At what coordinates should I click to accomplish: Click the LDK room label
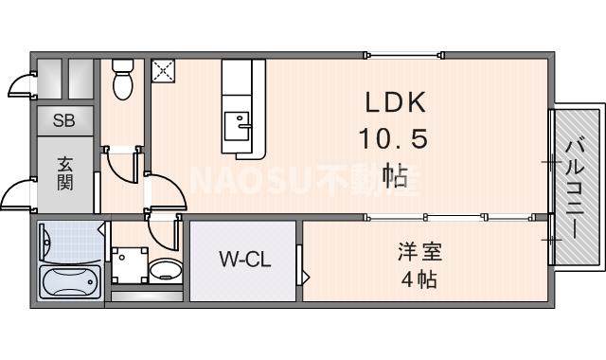tap(396, 102)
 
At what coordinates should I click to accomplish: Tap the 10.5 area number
tap(394, 138)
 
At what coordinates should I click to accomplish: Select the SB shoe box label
tap(64, 120)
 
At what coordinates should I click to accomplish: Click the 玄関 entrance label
tap(65, 174)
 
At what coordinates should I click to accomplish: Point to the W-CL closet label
tap(245, 259)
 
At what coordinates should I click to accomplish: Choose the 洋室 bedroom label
tap(420, 251)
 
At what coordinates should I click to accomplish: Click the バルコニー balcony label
tap(575, 189)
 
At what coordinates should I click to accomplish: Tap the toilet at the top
tap(123, 80)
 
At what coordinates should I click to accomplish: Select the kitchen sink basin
tap(237, 126)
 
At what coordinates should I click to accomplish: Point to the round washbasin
tap(166, 270)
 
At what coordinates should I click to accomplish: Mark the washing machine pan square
tap(130, 265)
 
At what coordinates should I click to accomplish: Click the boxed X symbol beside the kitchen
tap(163, 71)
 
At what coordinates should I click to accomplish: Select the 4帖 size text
tap(419, 279)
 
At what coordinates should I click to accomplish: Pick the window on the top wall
tap(404, 55)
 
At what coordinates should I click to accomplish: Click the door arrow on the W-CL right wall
tap(306, 278)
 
